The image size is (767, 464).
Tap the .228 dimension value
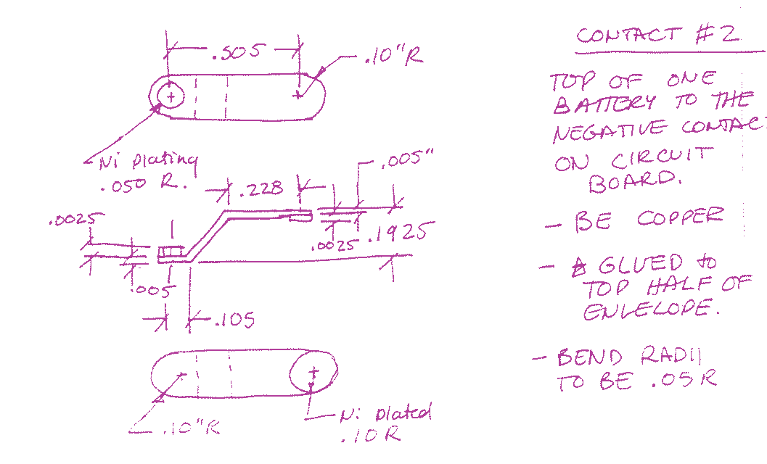pos(261,189)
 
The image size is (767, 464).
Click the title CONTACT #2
pos(657,34)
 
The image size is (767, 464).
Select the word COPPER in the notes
pos(680,217)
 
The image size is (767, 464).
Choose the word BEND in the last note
pos(590,357)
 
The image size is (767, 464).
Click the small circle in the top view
pos(171,95)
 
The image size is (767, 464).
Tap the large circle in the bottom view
pos(313,374)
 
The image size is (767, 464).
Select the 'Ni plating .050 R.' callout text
pos(145,172)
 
